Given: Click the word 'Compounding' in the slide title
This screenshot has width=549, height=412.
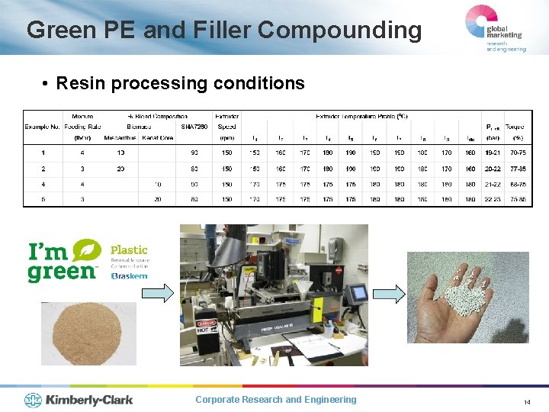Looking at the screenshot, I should point(339,31).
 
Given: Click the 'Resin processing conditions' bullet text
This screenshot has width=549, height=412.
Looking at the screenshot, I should point(180,82).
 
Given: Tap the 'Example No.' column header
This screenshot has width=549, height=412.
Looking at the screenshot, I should point(42,127).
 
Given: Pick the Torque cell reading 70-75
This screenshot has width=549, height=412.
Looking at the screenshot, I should point(518,153).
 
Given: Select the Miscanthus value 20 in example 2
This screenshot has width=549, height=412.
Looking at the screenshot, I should point(120,168).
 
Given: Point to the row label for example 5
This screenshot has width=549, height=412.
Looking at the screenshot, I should point(43,199).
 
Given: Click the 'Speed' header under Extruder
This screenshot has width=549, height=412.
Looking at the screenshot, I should point(226,127).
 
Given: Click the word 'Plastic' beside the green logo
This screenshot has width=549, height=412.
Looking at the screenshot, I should point(129,249).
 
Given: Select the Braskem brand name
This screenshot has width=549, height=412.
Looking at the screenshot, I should point(129,275).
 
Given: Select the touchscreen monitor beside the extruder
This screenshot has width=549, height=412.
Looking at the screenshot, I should point(356,292).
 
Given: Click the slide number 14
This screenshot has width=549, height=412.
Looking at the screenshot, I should point(527,401).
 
